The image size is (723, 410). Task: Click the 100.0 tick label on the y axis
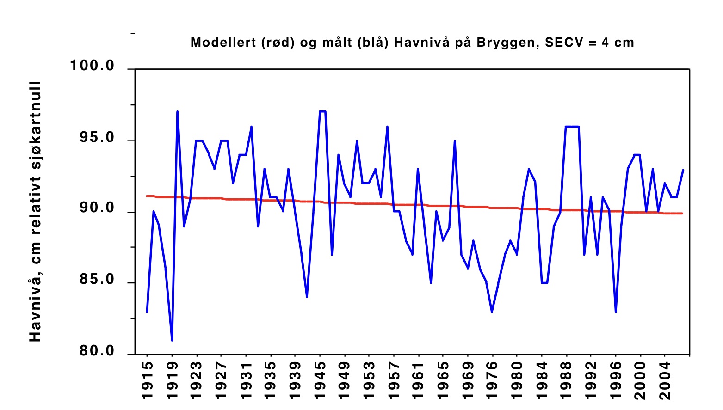pos(92,66)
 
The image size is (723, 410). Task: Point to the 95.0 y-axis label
pos(97,138)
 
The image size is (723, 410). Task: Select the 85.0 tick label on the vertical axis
pos(97,280)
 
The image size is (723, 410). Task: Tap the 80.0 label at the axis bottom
pos(97,351)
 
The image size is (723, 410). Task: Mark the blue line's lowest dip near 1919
pos(172,340)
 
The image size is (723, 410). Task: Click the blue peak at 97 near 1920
pos(177,111)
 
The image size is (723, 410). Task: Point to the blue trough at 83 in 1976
pos(492,312)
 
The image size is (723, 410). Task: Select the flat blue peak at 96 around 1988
pos(572,127)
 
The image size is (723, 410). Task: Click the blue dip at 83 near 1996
pos(616,312)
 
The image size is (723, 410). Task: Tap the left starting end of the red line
pos(147,196)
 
